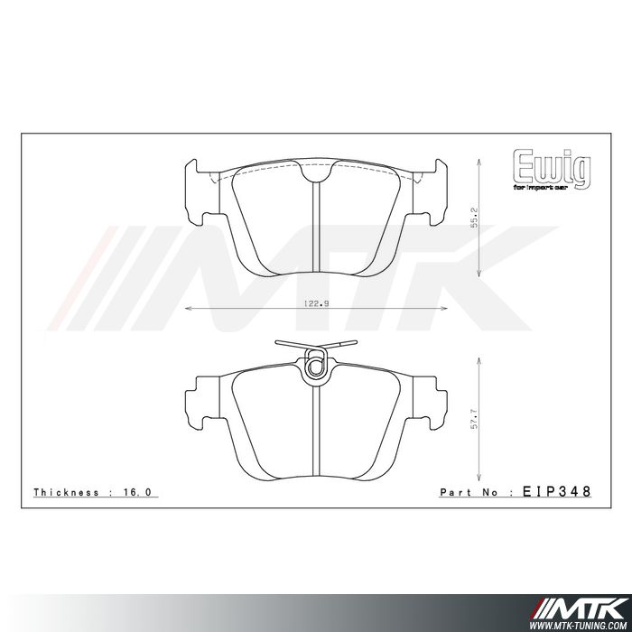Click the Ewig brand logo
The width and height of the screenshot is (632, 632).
[x=552, y=167]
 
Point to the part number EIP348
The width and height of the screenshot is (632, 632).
[x=557, y=492]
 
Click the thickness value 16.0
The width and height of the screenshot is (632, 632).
[x=144, y=493]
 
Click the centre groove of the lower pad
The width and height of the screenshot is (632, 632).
[x=315, y=429]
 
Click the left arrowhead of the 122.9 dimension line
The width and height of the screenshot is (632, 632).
[x=187, y=310]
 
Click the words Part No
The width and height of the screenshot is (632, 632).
[x=469, y=493]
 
